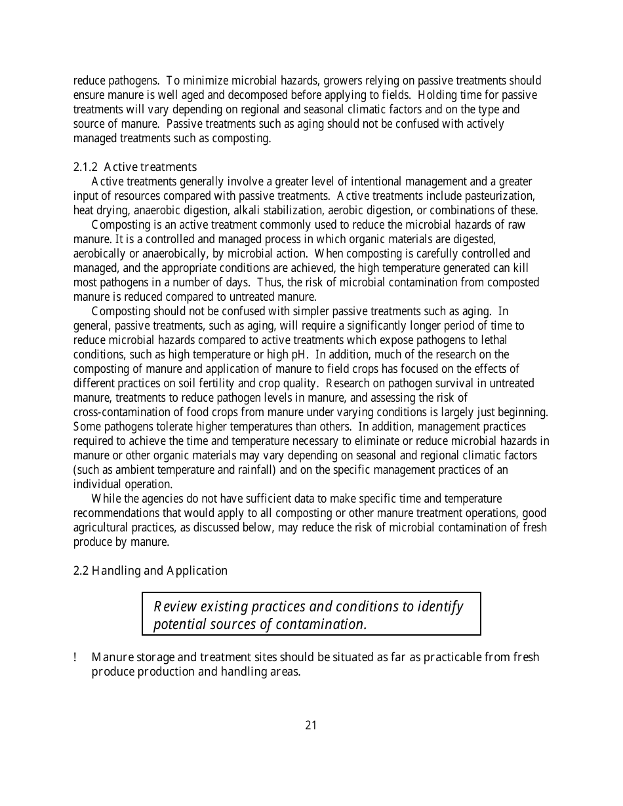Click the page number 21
coord(311,725)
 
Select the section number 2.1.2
coord(87,167)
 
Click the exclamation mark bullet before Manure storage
coord(76,657)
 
